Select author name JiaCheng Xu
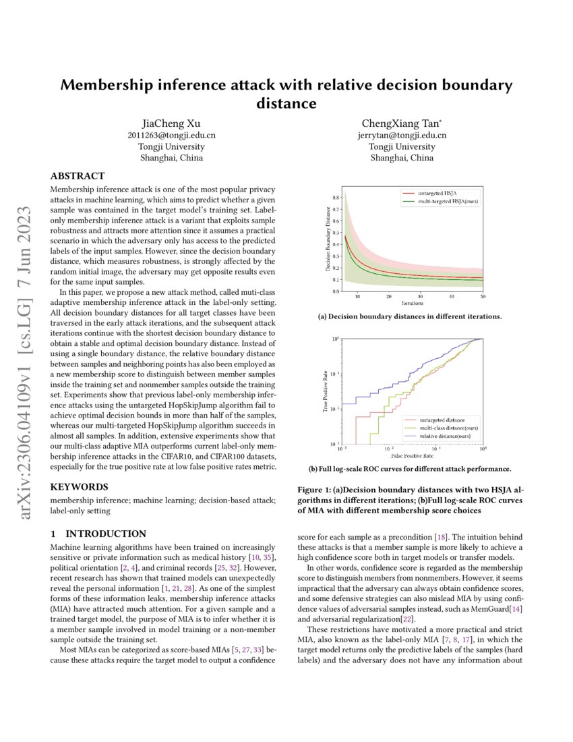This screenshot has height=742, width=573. pos(171,123)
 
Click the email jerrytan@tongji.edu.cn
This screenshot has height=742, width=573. pos(402,135)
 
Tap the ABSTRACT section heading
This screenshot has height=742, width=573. pos(78,176)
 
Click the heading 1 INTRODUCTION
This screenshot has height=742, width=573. pos(98,533)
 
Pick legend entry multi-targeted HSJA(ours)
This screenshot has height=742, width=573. pos(448,202)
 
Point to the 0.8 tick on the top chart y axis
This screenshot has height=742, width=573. pos(336,198)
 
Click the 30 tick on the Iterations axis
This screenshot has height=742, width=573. pos(420,296)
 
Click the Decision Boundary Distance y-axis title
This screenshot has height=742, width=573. pos(328,244)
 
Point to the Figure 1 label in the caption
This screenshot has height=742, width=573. pos(315,490)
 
